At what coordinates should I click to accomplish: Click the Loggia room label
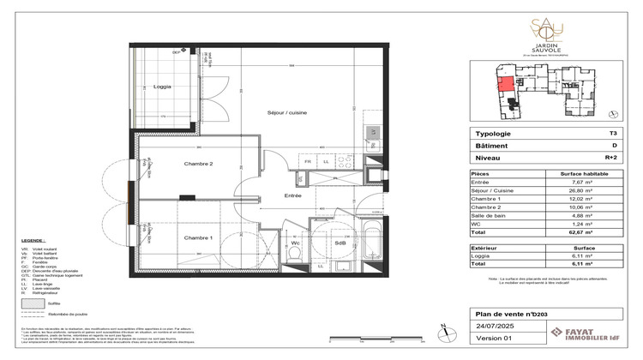(x=161, y=87)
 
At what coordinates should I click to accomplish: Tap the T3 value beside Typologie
(x=611, y=135)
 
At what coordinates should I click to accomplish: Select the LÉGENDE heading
(x=33, y=241)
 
